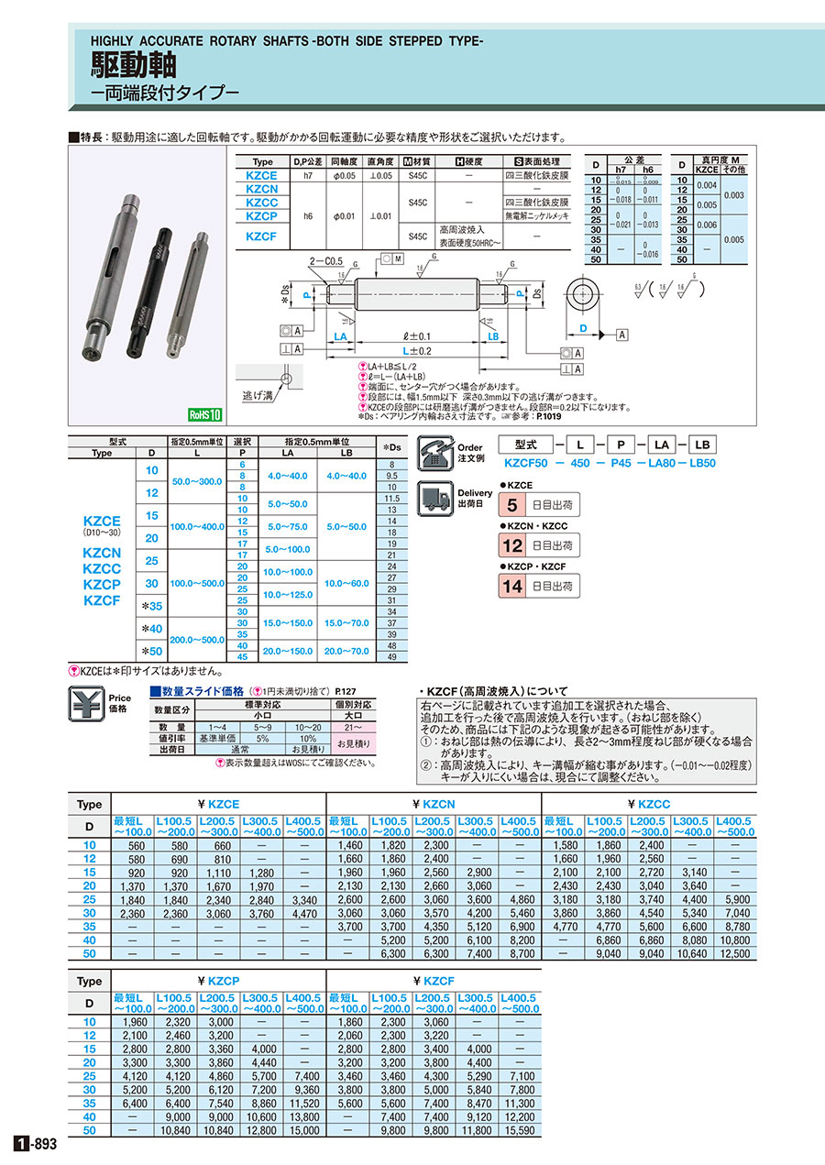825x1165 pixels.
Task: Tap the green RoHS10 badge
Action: point(205,414)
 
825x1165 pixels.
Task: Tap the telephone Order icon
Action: point(434,451)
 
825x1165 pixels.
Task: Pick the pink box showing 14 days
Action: point(511,585)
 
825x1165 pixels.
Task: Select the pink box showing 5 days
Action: point(511,504)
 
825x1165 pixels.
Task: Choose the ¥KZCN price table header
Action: point(434,804)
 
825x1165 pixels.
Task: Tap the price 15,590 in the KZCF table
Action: point(519,1130)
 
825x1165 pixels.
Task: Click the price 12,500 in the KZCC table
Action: point(735,953)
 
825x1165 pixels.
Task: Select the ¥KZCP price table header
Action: point(218,980)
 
